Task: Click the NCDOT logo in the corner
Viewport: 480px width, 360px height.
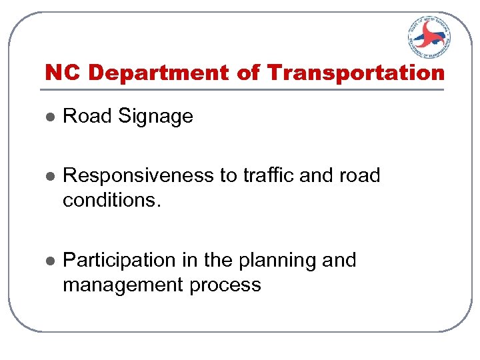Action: tap(429, 38)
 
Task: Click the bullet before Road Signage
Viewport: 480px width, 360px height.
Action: tap(48, 117)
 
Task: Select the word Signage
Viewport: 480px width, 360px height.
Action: tap(155, 117)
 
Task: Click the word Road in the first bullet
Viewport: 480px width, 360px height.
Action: tap(87, 116)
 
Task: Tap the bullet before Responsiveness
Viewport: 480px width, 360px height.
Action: tap(48, 176)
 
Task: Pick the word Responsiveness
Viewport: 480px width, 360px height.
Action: tap(139, 175)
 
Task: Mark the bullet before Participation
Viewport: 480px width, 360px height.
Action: tap(48, 260)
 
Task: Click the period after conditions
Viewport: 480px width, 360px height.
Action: tap(158, 205)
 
